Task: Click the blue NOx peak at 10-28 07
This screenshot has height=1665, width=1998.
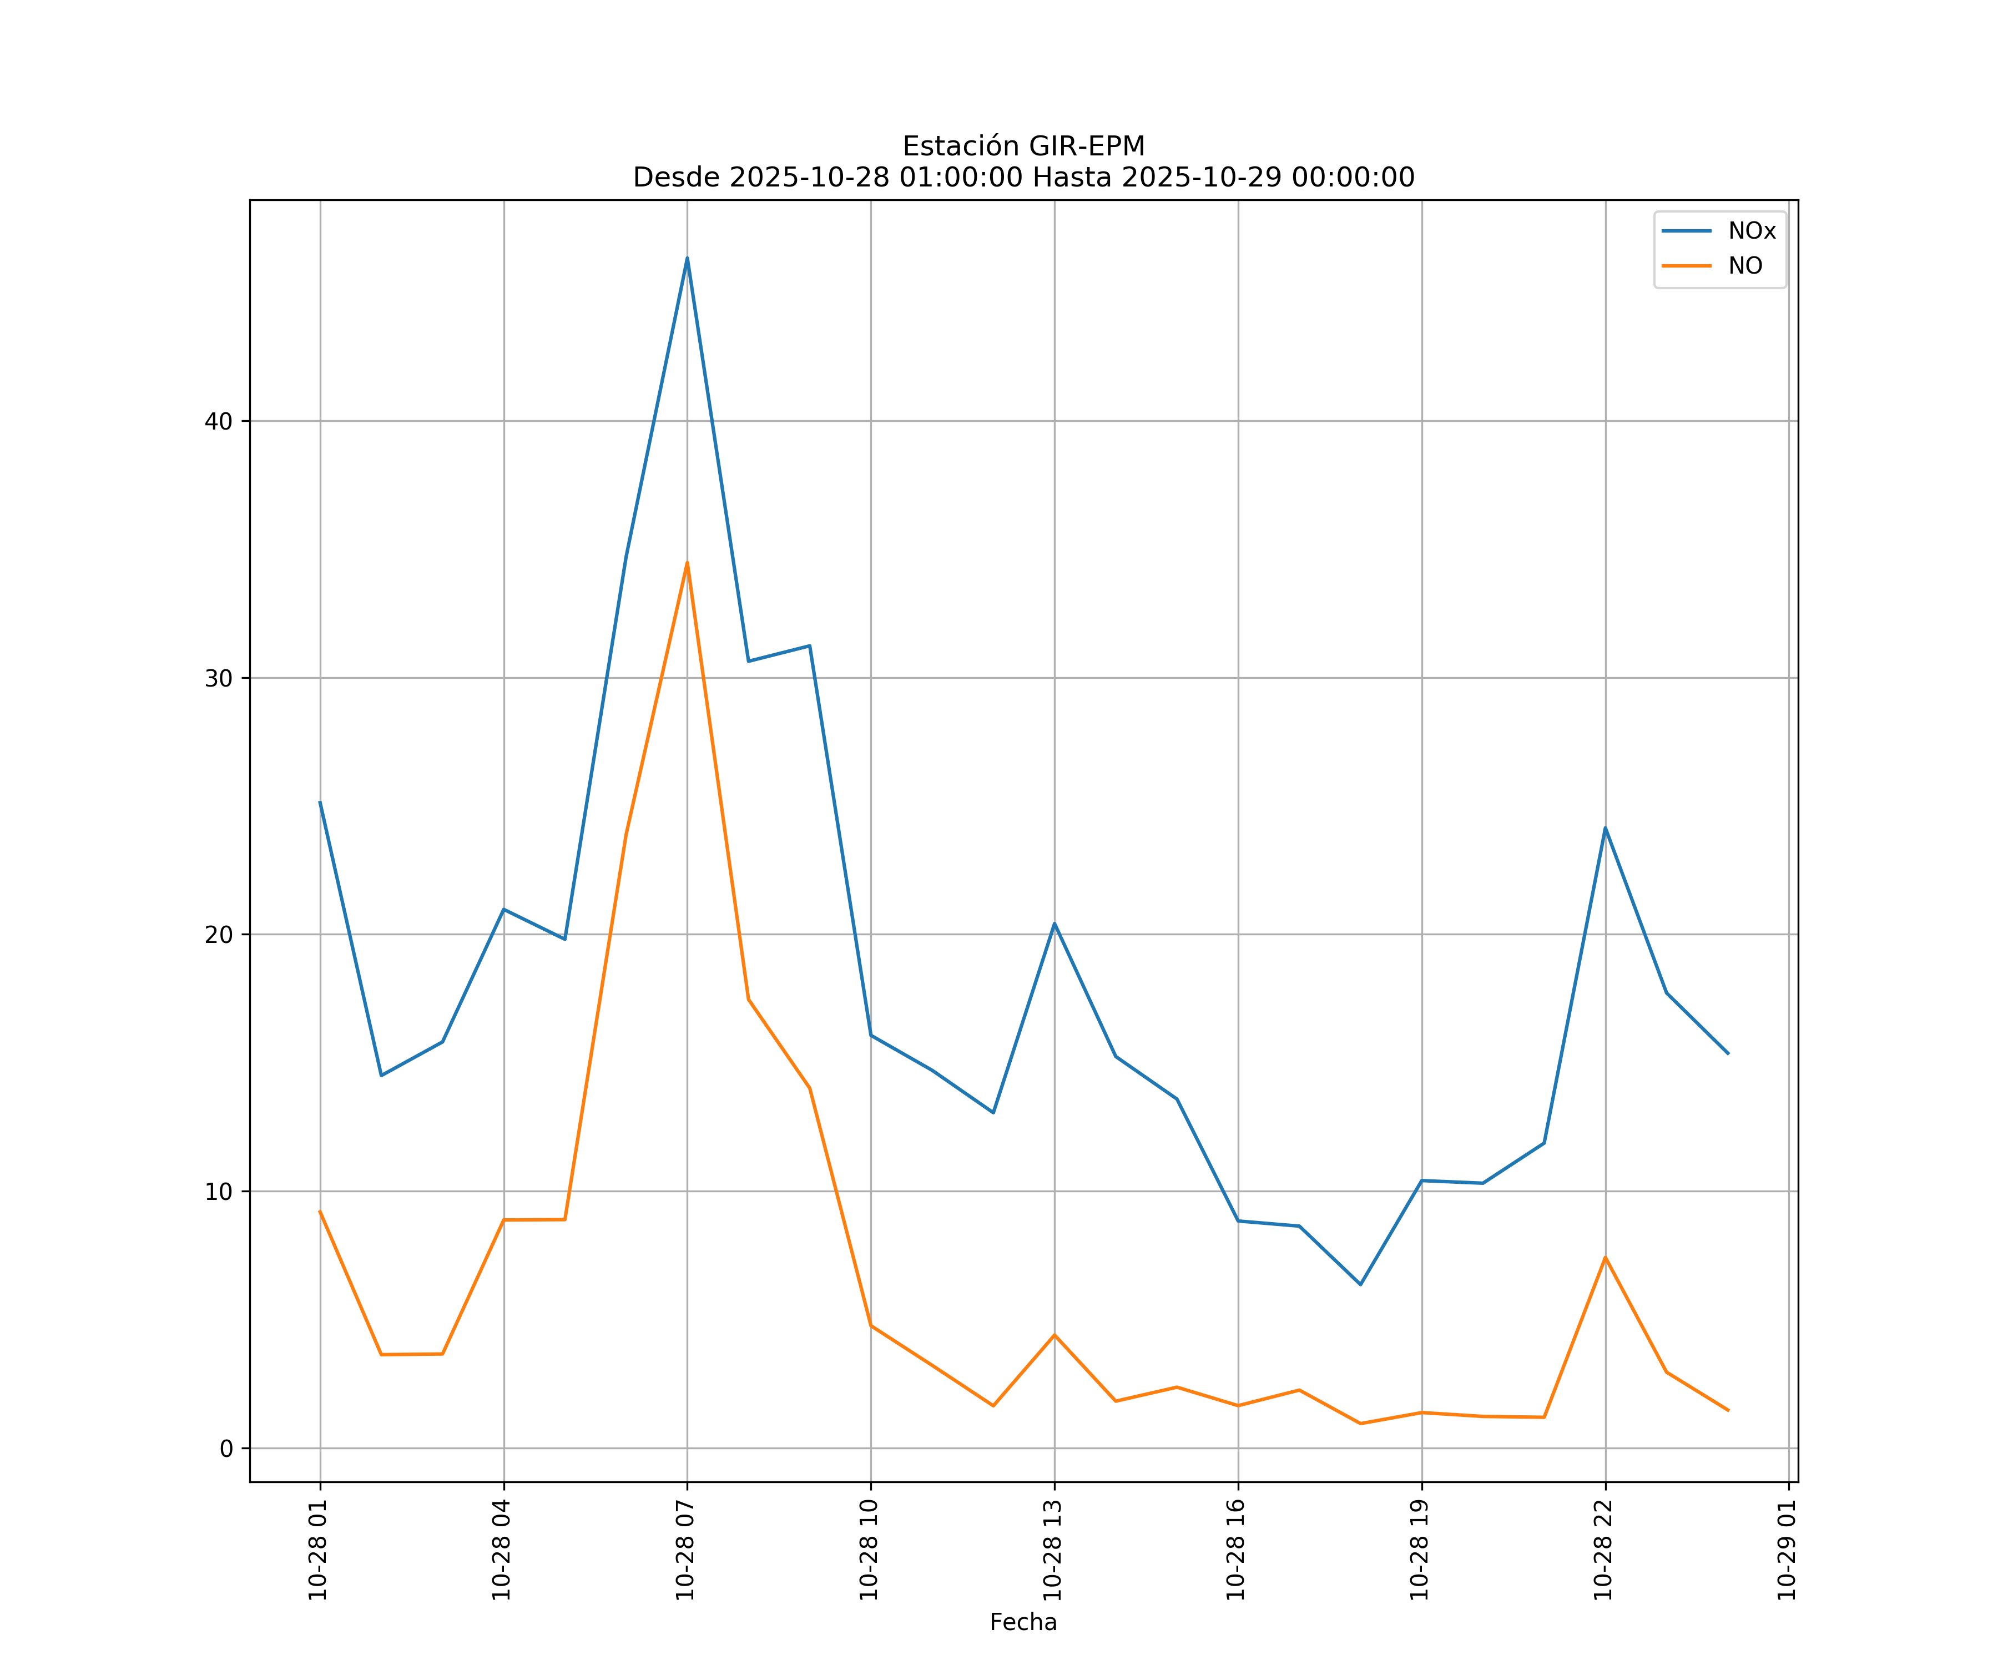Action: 687,259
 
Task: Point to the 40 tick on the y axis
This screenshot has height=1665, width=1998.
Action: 219,421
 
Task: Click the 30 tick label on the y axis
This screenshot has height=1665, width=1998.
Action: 219,678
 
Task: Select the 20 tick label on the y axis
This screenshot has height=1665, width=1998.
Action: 219,934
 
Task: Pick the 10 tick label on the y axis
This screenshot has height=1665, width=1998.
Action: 219,1191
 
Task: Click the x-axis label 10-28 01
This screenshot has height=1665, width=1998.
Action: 318,1550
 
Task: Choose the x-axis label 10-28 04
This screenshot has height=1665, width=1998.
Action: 501,1550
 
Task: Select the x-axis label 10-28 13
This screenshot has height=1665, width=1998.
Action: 1052,1550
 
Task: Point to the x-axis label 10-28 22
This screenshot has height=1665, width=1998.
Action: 1603,1550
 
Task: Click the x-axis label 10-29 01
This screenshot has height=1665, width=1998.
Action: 1787,1550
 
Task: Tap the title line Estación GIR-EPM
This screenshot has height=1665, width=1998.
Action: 1023,147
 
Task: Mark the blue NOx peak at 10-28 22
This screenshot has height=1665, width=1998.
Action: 1605,829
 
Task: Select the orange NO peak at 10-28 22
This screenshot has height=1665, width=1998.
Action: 1605,1258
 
